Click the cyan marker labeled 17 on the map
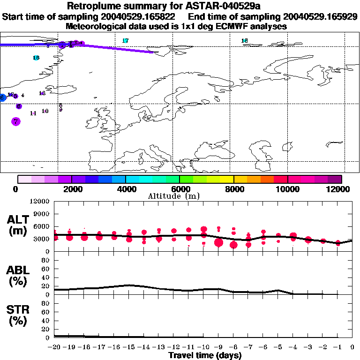pyautogui.click(x=125, y=41)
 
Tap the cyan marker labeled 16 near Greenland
pyautogui.click(x=36, y=58)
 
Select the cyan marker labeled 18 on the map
pyautogui.click(x=244, y=41)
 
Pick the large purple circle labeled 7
pyautogui.click(x=16, y=121)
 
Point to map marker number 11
pyautogui.click(x=33, y=113)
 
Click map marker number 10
pyautogui.click(x=45, y=111)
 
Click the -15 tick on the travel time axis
pyautogui.click(x=129, y=347)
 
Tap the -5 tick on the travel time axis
pyautogui.click(x=278, y=347)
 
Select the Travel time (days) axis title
pyautogui.click(x=205, y=356)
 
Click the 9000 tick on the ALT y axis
pyautogui.click(x=41, y=214)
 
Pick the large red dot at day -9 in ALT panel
pyautogui.click(x=218, y=242)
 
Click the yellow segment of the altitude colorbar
pyautogui.click(x=227, y=179)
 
